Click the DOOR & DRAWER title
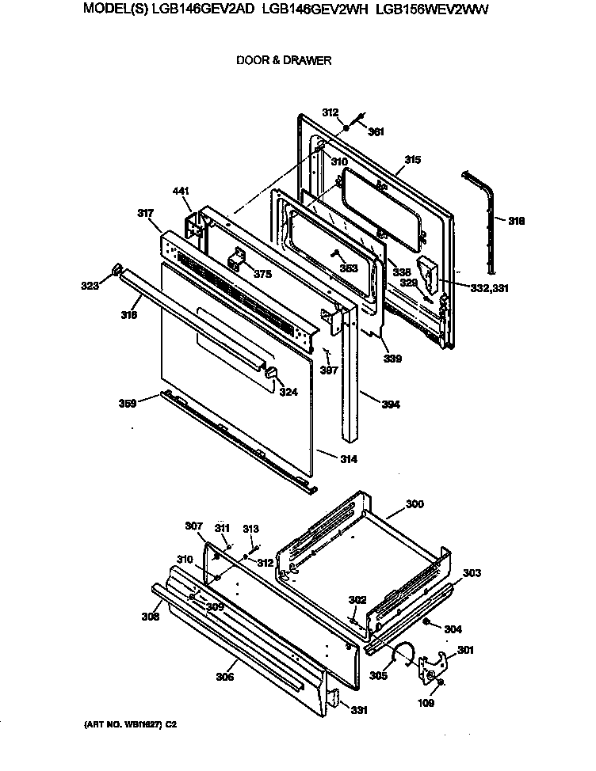coord(284,60)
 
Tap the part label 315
coord(412,159)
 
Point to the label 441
coord(181,192)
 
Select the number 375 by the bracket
coord(262,274)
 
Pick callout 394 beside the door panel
coord(390,405)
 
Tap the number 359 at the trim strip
coord(127,403)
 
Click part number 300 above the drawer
coord(415,503)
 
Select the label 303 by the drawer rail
coord(471,572)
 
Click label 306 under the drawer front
coord(226,677)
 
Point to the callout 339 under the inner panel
coord(392,359)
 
